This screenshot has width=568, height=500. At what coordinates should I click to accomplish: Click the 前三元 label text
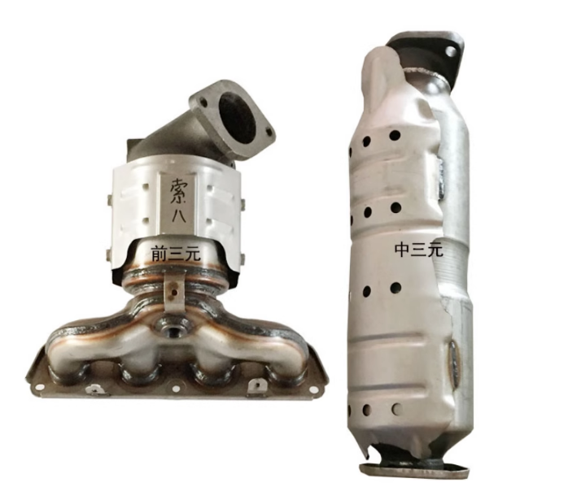[176, 254]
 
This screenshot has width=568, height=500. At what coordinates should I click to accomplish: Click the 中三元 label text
[419, 250]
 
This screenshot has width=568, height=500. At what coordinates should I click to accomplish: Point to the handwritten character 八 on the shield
[178, 216]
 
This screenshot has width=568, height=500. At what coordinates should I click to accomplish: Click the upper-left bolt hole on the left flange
[203, 103]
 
